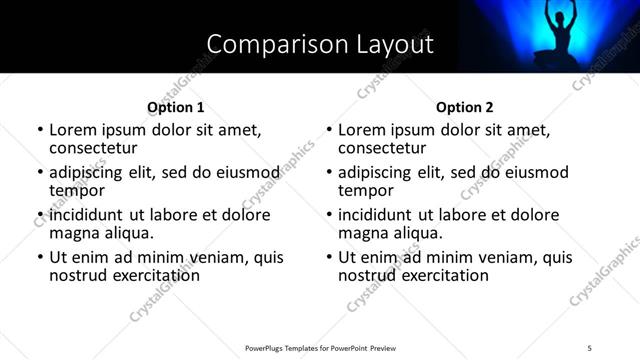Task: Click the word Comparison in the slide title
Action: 263,44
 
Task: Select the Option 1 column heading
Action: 176,107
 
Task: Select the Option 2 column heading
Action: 465,107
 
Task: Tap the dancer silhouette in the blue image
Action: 555,35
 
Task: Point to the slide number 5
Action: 590,347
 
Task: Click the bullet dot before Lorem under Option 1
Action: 39,131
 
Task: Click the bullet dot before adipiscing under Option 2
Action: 328,173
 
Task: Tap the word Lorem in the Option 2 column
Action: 361,130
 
